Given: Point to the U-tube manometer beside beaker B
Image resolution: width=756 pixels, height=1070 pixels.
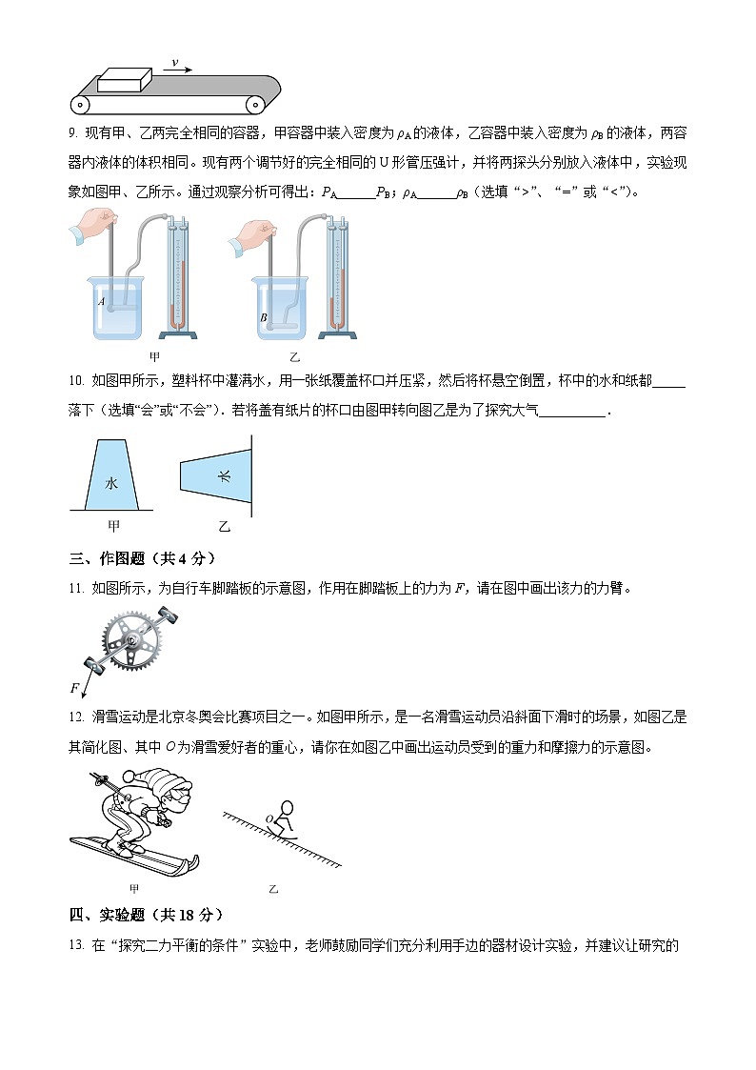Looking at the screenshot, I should click(336, 276).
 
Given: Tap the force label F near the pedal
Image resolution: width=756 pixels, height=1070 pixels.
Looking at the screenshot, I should click(74, 687).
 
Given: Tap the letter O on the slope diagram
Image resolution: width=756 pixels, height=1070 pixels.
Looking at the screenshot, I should click(269, 818).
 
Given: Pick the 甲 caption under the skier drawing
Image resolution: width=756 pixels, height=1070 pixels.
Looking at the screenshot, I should click(134, 889).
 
